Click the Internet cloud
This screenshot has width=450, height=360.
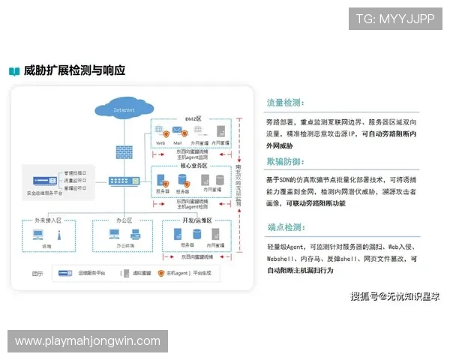124,109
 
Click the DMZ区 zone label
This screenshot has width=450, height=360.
193,118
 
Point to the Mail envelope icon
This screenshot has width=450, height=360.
178,131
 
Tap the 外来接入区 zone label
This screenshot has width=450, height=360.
46,222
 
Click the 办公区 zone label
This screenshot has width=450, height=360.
124,222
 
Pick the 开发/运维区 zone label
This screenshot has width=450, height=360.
197,222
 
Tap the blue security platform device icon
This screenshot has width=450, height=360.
45,181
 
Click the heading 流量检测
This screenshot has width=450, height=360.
286,103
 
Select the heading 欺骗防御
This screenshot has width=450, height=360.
286,162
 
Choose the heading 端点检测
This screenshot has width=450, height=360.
286,226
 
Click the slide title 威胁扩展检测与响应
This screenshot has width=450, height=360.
73,71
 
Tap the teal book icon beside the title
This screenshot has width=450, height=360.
14,72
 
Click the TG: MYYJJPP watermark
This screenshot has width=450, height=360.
395,18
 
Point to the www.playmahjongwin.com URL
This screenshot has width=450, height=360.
87,341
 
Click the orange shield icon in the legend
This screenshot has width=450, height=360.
160,274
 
